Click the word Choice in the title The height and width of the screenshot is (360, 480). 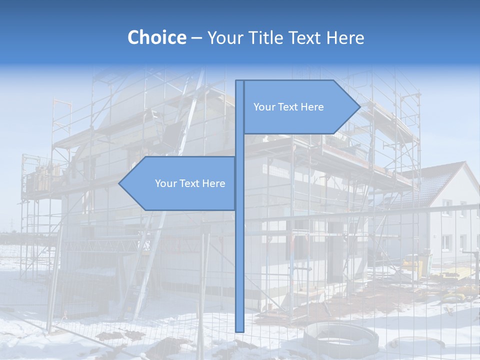coord(156,37)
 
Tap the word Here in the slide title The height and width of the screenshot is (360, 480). coord(345,37)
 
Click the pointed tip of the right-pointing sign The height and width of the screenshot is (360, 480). coord(359,107)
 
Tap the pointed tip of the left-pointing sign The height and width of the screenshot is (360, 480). coord(119,183)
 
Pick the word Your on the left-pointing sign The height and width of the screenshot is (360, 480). coord(165,183)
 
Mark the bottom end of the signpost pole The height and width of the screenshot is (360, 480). coord(239,330)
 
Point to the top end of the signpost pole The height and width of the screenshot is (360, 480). coord(239,81)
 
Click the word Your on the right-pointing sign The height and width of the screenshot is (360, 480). coord(263,107)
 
